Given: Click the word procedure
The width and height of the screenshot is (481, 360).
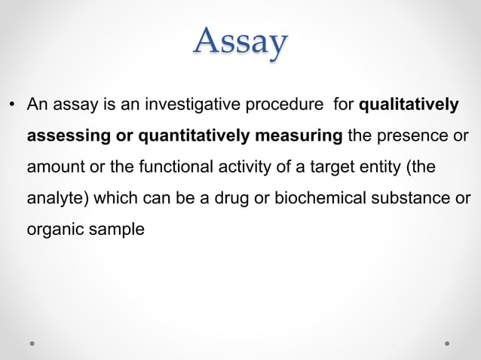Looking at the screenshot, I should [x=286, y=105].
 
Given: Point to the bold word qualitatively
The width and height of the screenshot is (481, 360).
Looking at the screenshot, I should [x=409, y=105].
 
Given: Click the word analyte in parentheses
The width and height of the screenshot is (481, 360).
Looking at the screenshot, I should [x=52, y=198].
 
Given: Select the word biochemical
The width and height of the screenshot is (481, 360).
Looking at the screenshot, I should [x=286, y=198].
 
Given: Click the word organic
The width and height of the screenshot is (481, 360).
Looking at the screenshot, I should [x=54, y=229].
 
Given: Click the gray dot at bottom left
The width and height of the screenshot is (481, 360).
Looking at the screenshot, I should [x=32, y=343].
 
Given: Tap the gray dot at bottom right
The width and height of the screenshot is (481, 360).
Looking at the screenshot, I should [x=447, y=343].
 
